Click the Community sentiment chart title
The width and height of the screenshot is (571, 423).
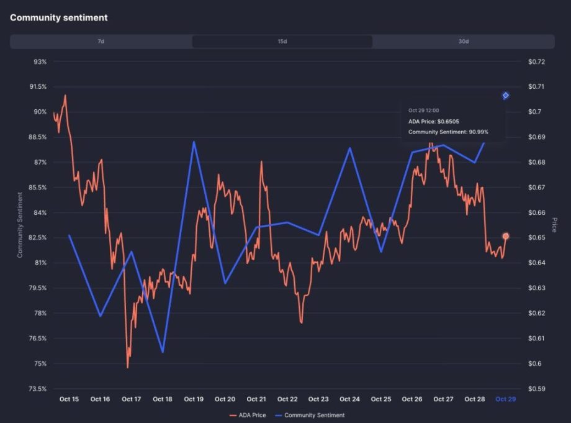click(x=58, y=18)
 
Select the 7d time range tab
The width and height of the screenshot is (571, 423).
click(x=101, y=42)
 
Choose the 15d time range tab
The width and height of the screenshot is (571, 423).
click(x=282, y=42)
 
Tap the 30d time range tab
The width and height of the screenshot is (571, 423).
click(x=463, y=42)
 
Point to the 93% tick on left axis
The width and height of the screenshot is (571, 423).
click(x=40, y=62)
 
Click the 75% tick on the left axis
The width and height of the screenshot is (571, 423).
click(x=40, y=363)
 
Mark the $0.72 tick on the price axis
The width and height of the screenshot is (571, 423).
click(x=536, y=62)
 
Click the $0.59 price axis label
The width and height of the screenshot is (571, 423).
click(x=536, y=389)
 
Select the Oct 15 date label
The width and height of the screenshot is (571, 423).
click(x=69, y=399)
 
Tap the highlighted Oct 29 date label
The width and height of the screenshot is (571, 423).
click(x=505, y=399)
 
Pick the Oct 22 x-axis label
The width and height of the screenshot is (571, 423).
click(x=287, y=399)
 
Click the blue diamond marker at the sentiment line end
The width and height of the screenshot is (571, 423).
click(x=506, y=96)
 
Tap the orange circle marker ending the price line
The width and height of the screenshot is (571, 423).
click(x=506, y=236)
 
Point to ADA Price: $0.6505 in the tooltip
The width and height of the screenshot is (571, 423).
click(x=434, y=121)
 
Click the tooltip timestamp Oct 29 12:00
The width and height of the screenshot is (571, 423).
click(x=423, y=111)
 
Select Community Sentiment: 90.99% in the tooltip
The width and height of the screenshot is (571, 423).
click(x=448, y=132)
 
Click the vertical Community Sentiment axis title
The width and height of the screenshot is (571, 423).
click(x=20, y=225)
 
